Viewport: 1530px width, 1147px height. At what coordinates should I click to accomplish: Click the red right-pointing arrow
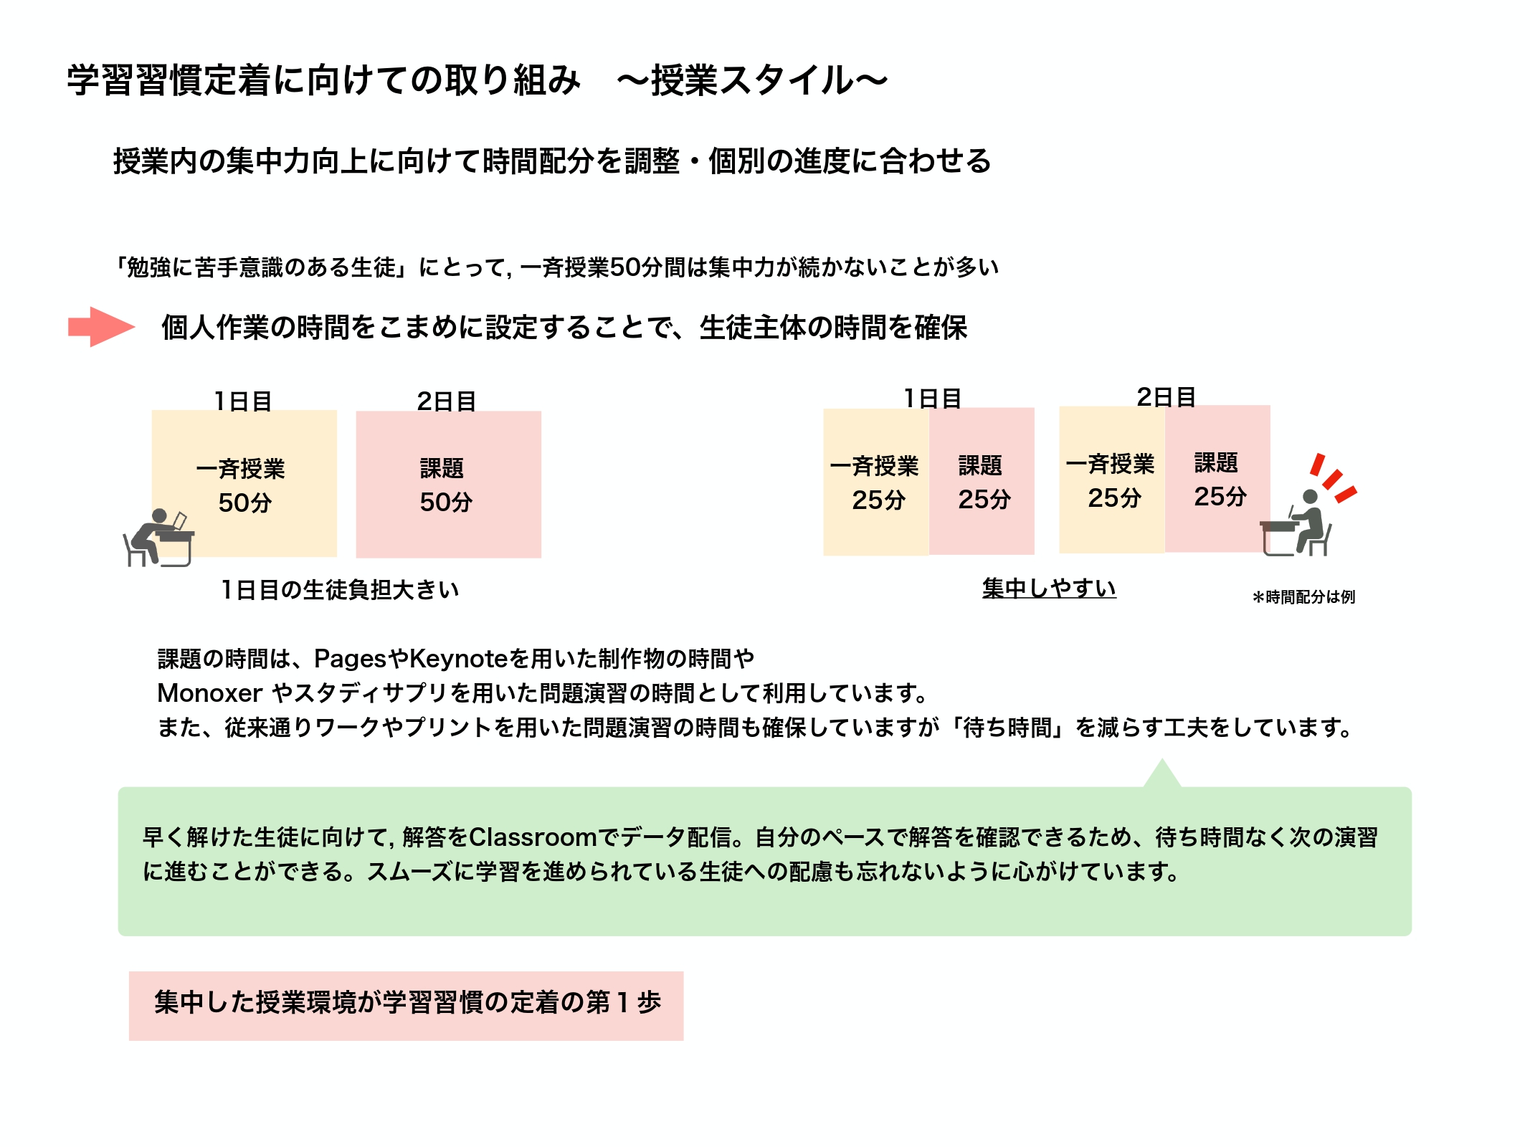[101, 327]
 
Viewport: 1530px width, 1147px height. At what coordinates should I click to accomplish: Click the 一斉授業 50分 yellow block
[244, 483]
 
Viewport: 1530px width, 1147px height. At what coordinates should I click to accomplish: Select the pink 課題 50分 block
[449, 484]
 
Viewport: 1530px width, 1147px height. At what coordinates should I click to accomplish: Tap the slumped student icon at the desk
[158, 538]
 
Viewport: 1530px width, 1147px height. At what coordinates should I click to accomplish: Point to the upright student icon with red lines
[1296, 523]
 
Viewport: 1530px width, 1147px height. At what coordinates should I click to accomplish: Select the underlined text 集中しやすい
[1049, 589]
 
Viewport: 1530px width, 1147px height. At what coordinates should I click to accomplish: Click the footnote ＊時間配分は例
[1303, 596]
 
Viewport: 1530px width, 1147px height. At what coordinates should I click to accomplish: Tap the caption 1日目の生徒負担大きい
[340, 590]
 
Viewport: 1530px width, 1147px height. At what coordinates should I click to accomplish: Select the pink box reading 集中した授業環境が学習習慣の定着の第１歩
[407, 1006]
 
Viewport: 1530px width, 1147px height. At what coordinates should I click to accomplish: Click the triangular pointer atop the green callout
[1162, 774]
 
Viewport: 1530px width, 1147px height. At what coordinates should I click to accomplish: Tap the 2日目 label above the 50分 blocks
[447, 401]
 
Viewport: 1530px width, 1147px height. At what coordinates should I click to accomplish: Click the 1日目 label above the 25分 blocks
[933, 398]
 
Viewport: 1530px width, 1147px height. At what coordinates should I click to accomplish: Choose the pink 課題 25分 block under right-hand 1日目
[982, 481]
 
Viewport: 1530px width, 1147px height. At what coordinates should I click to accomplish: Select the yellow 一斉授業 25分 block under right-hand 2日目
[1112, 480]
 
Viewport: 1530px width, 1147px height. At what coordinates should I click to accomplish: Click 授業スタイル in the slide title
[752, 80]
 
